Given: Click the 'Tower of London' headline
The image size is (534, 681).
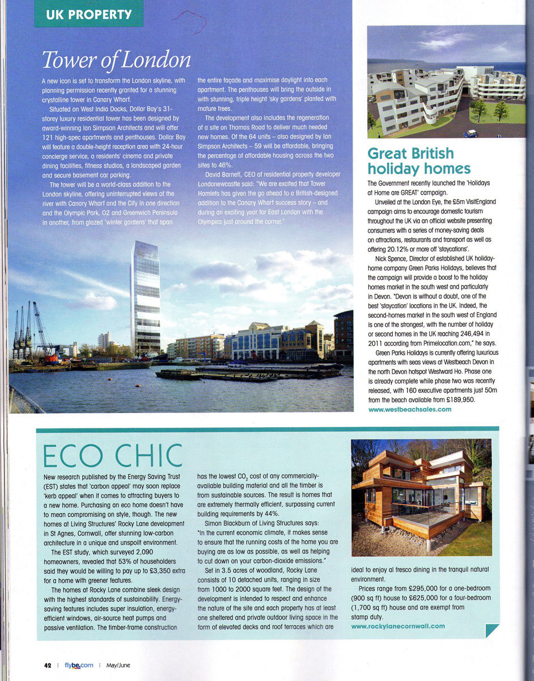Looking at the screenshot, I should (116, 60).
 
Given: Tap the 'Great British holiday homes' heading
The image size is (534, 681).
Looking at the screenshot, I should (419, 161).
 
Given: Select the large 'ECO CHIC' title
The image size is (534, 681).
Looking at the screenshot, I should (113, 456).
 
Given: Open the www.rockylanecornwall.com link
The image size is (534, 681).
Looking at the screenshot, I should (398, 626).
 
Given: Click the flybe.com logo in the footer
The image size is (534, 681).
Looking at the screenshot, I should (79, 665).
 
